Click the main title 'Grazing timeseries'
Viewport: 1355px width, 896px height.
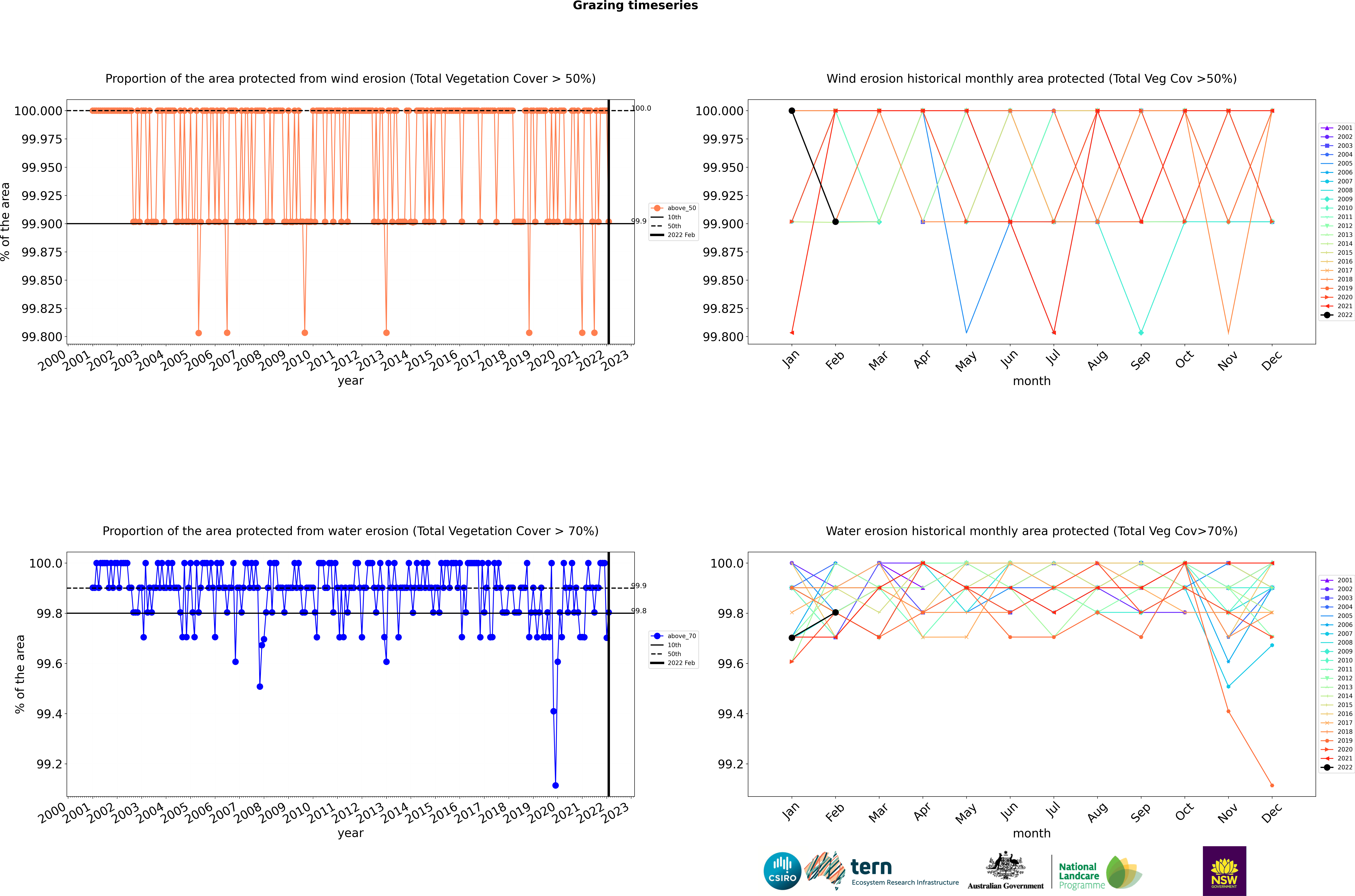(635, 6)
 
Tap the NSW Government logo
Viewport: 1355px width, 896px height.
(1224, 871)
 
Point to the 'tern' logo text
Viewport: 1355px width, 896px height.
(871, 867)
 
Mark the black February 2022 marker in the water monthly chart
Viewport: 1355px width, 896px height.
(835, 613)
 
